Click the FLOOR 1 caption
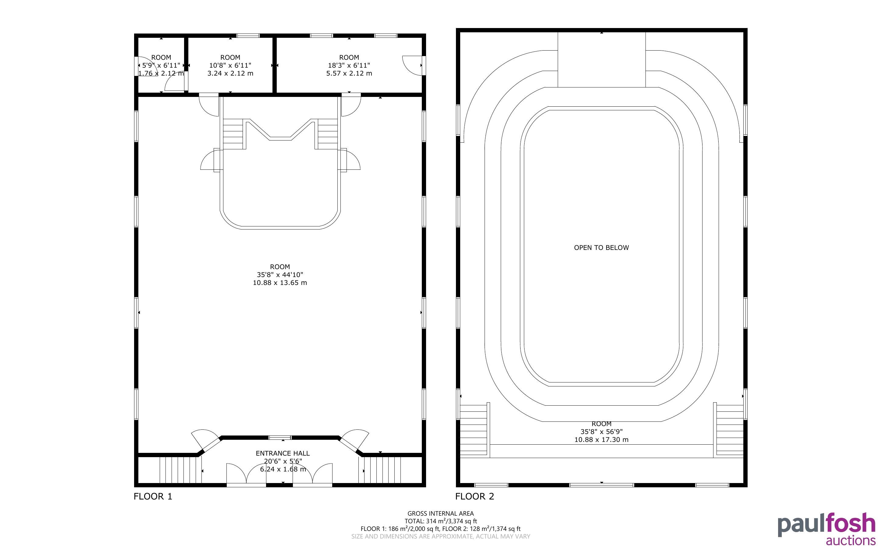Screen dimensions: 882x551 153,496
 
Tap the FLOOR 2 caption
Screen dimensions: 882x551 475,496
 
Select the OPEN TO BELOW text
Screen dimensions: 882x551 602,248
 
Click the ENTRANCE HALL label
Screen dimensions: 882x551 283,453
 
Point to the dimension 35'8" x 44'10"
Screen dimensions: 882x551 280,275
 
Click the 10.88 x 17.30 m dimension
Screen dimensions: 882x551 602,439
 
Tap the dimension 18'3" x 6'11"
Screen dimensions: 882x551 349,66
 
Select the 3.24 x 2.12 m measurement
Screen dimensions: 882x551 230,73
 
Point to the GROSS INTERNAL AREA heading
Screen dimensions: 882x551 440,514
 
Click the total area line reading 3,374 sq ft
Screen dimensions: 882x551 440,521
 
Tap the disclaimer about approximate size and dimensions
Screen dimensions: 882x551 440,536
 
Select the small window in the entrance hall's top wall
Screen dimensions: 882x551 280,437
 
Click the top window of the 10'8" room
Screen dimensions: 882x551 248,36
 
